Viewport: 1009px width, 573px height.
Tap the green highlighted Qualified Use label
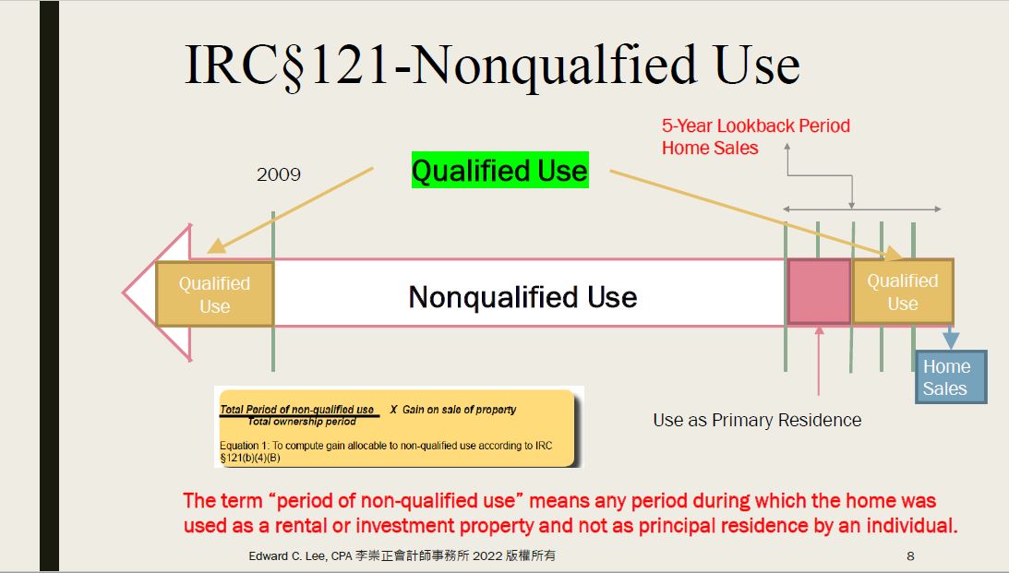coord(500,171)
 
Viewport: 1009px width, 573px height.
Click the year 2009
coord(279,174)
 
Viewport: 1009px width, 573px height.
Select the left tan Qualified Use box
coord(215,294)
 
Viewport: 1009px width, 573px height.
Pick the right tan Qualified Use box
coord(902,292)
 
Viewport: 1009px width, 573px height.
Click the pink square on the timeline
coord(819,292)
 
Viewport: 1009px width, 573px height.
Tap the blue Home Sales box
coord(951,376)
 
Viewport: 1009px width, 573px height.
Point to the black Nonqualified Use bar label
coord(523,297)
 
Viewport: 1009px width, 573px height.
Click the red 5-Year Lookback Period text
coord(756,125)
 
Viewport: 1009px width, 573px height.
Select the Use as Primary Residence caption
coord(757,420)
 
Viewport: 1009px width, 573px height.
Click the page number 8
coord(910,555)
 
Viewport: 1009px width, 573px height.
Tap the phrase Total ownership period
coord(302,422)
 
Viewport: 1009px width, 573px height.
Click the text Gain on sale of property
coord(460,410)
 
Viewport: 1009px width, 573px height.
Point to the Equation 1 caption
coord(386,451)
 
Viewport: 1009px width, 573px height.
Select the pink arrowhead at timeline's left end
coord(157,292)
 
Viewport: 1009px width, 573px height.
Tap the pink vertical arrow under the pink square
coord(819,360)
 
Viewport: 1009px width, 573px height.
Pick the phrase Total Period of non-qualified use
coord(296,409)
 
